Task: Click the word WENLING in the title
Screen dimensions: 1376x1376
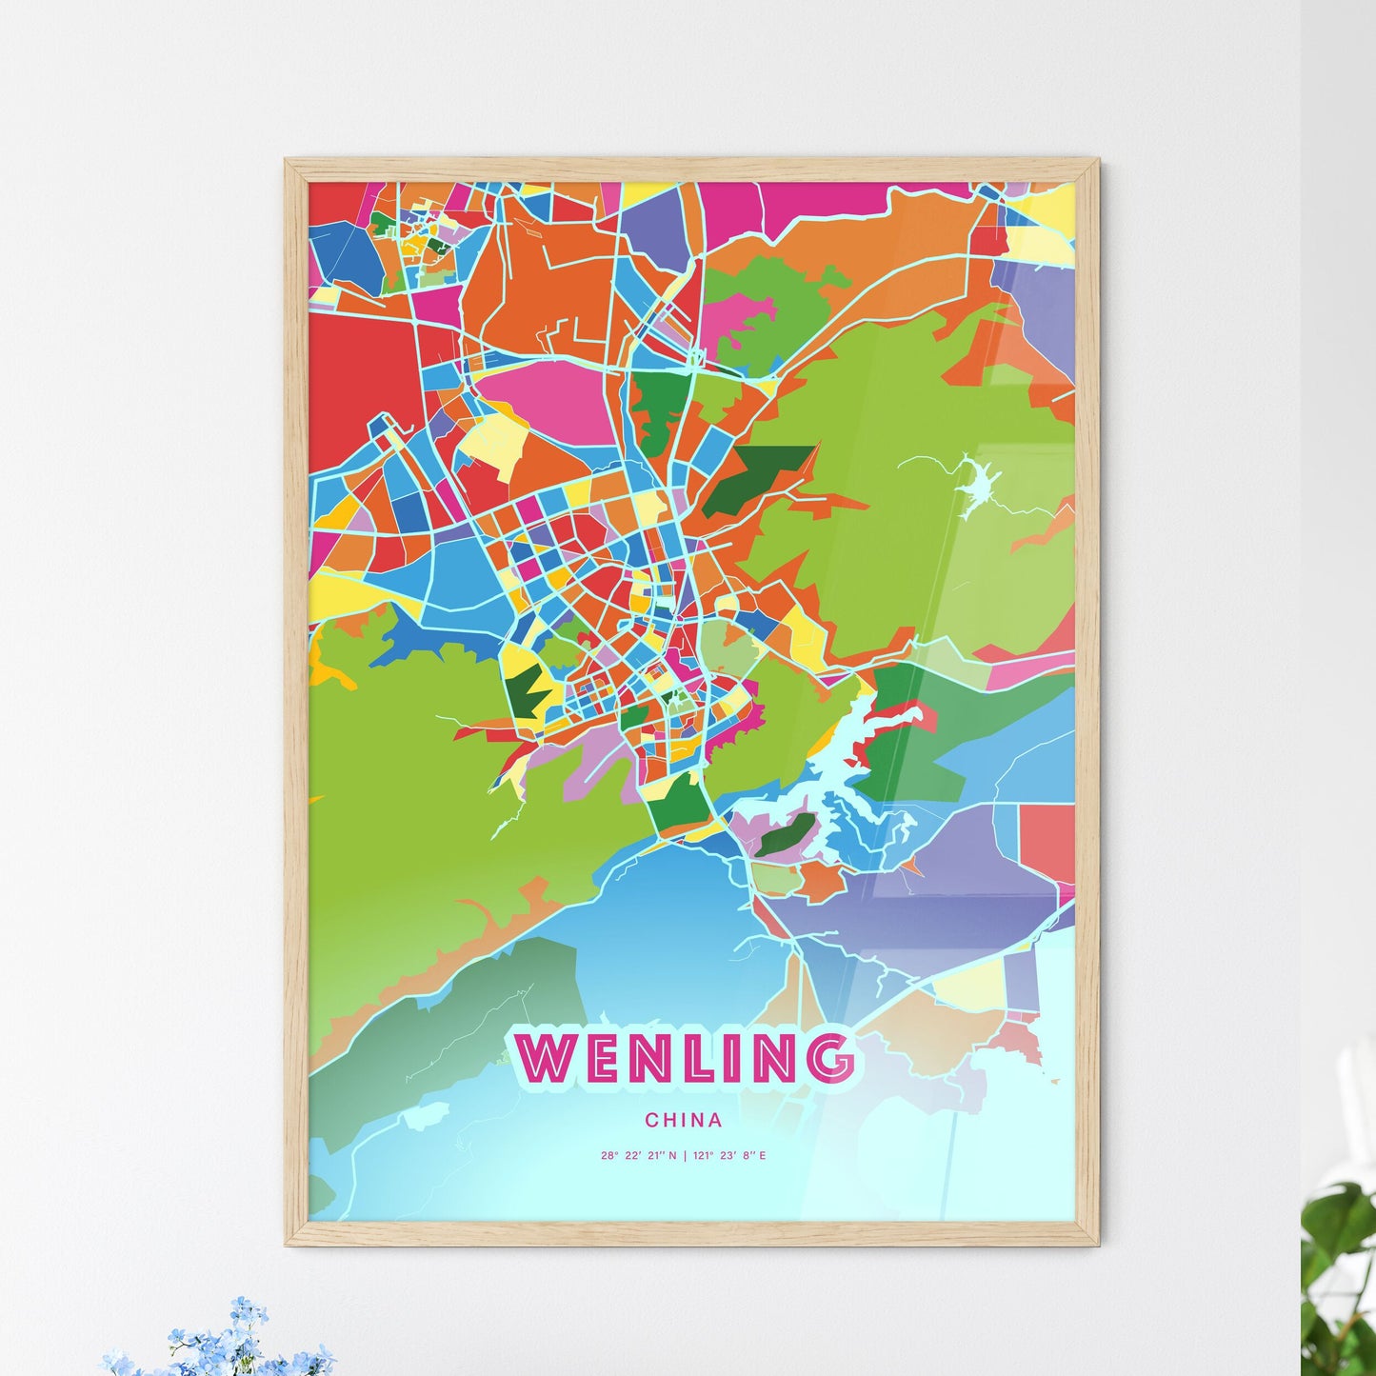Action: [685, 1057]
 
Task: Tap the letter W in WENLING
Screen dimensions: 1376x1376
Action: [546, 1057]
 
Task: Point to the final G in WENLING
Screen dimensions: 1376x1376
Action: [828, 1057]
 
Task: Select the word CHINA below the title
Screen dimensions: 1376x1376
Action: [683, 1120]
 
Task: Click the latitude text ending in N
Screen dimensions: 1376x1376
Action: [638, 1156]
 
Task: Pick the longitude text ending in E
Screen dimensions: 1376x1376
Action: [730, 1156]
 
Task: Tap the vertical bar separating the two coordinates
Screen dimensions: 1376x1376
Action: [685, 1156]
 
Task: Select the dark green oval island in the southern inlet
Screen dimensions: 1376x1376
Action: [787, 835]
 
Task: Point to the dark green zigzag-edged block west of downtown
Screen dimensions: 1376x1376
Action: [523, 690]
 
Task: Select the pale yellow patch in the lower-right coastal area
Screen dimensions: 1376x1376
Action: [971, 981]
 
